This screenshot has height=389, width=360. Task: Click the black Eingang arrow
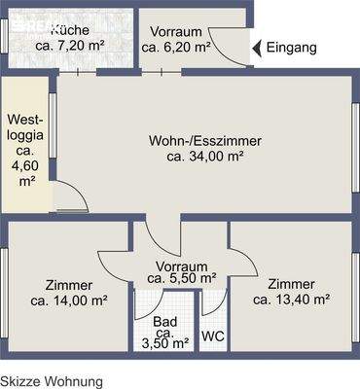[257, 48]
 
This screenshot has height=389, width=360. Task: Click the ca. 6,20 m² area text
[176, 47]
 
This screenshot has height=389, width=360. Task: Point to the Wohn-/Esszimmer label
[204, 140]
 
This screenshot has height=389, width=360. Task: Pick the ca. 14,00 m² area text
[69, 301]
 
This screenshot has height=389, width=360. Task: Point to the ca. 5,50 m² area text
[181, 278]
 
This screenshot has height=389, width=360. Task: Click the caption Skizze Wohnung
[51, 382]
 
